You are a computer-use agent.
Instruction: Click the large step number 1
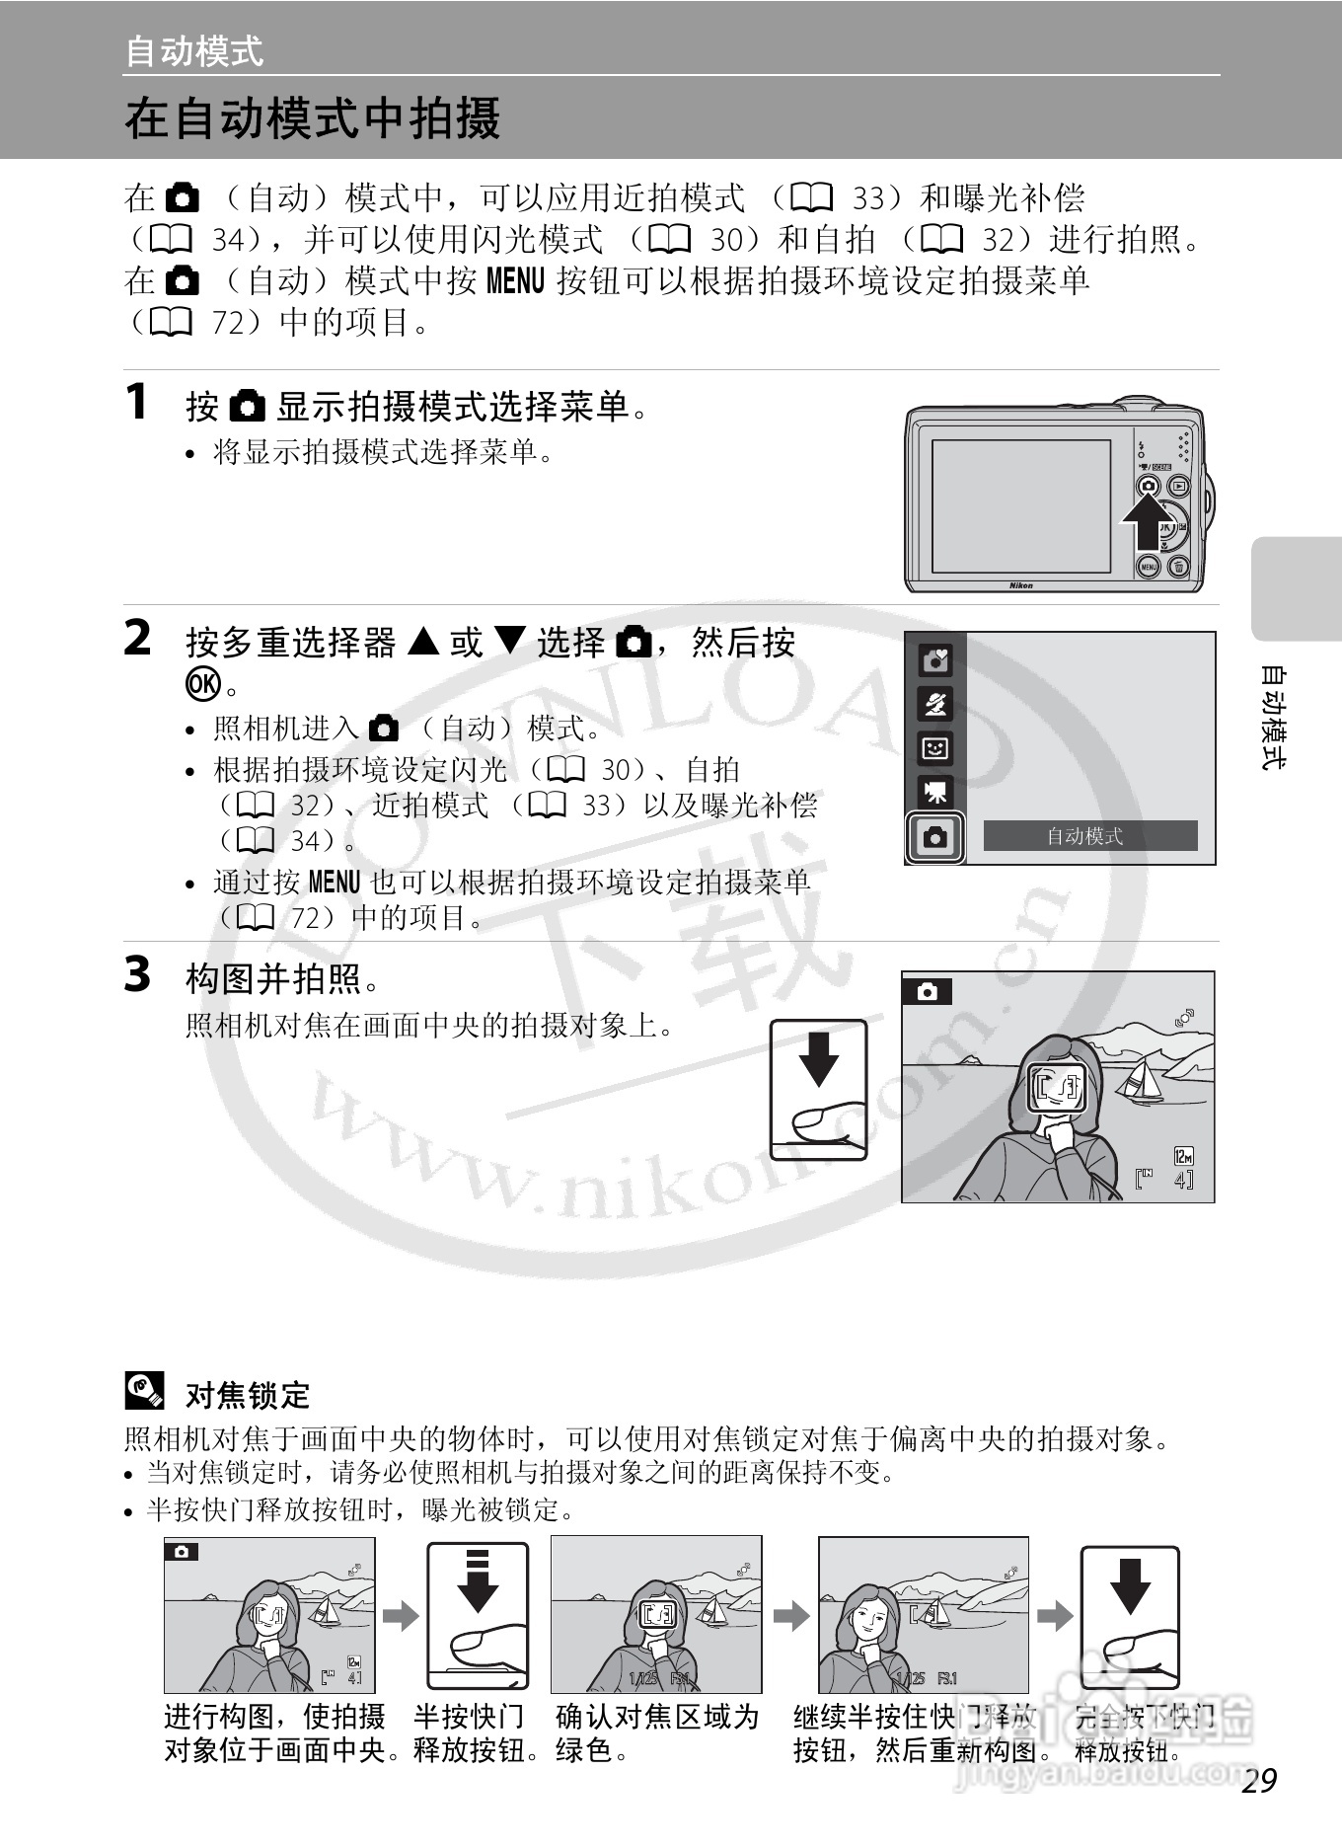pyautogui.click(x=137, y=402)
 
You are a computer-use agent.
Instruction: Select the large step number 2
pyautogui.click(x=137, y=638)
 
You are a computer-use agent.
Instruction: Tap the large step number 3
pyautogui.click(x=137, y=974)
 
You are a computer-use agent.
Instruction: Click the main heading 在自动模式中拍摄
pyautogui.click(x=313, y=118)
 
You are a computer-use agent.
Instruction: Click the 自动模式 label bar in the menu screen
pyautogui.click(x=1089, y=836)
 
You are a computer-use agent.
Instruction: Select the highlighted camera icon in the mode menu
pyautogui.click(x=934, y=838)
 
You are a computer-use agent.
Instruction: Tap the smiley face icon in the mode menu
pyautogui.click(x=934, y=748)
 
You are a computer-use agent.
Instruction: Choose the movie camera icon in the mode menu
pyautogui.click(x=934, y=792)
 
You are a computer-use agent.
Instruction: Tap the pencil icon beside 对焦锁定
pyautogui.click(x=144, y=1391)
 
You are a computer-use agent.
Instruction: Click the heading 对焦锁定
pyautogui.click(x=248, y=1395)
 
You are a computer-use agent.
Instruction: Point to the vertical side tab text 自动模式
pyautogui.click(x=1274, y=718)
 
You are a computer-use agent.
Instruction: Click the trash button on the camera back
pyautogui.click(x=1178, y=567)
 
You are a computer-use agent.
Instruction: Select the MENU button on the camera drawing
pyautogui.click(x=1149, y=567)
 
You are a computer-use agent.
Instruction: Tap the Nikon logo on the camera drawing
pyautogui.click(x=1020, y=585)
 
